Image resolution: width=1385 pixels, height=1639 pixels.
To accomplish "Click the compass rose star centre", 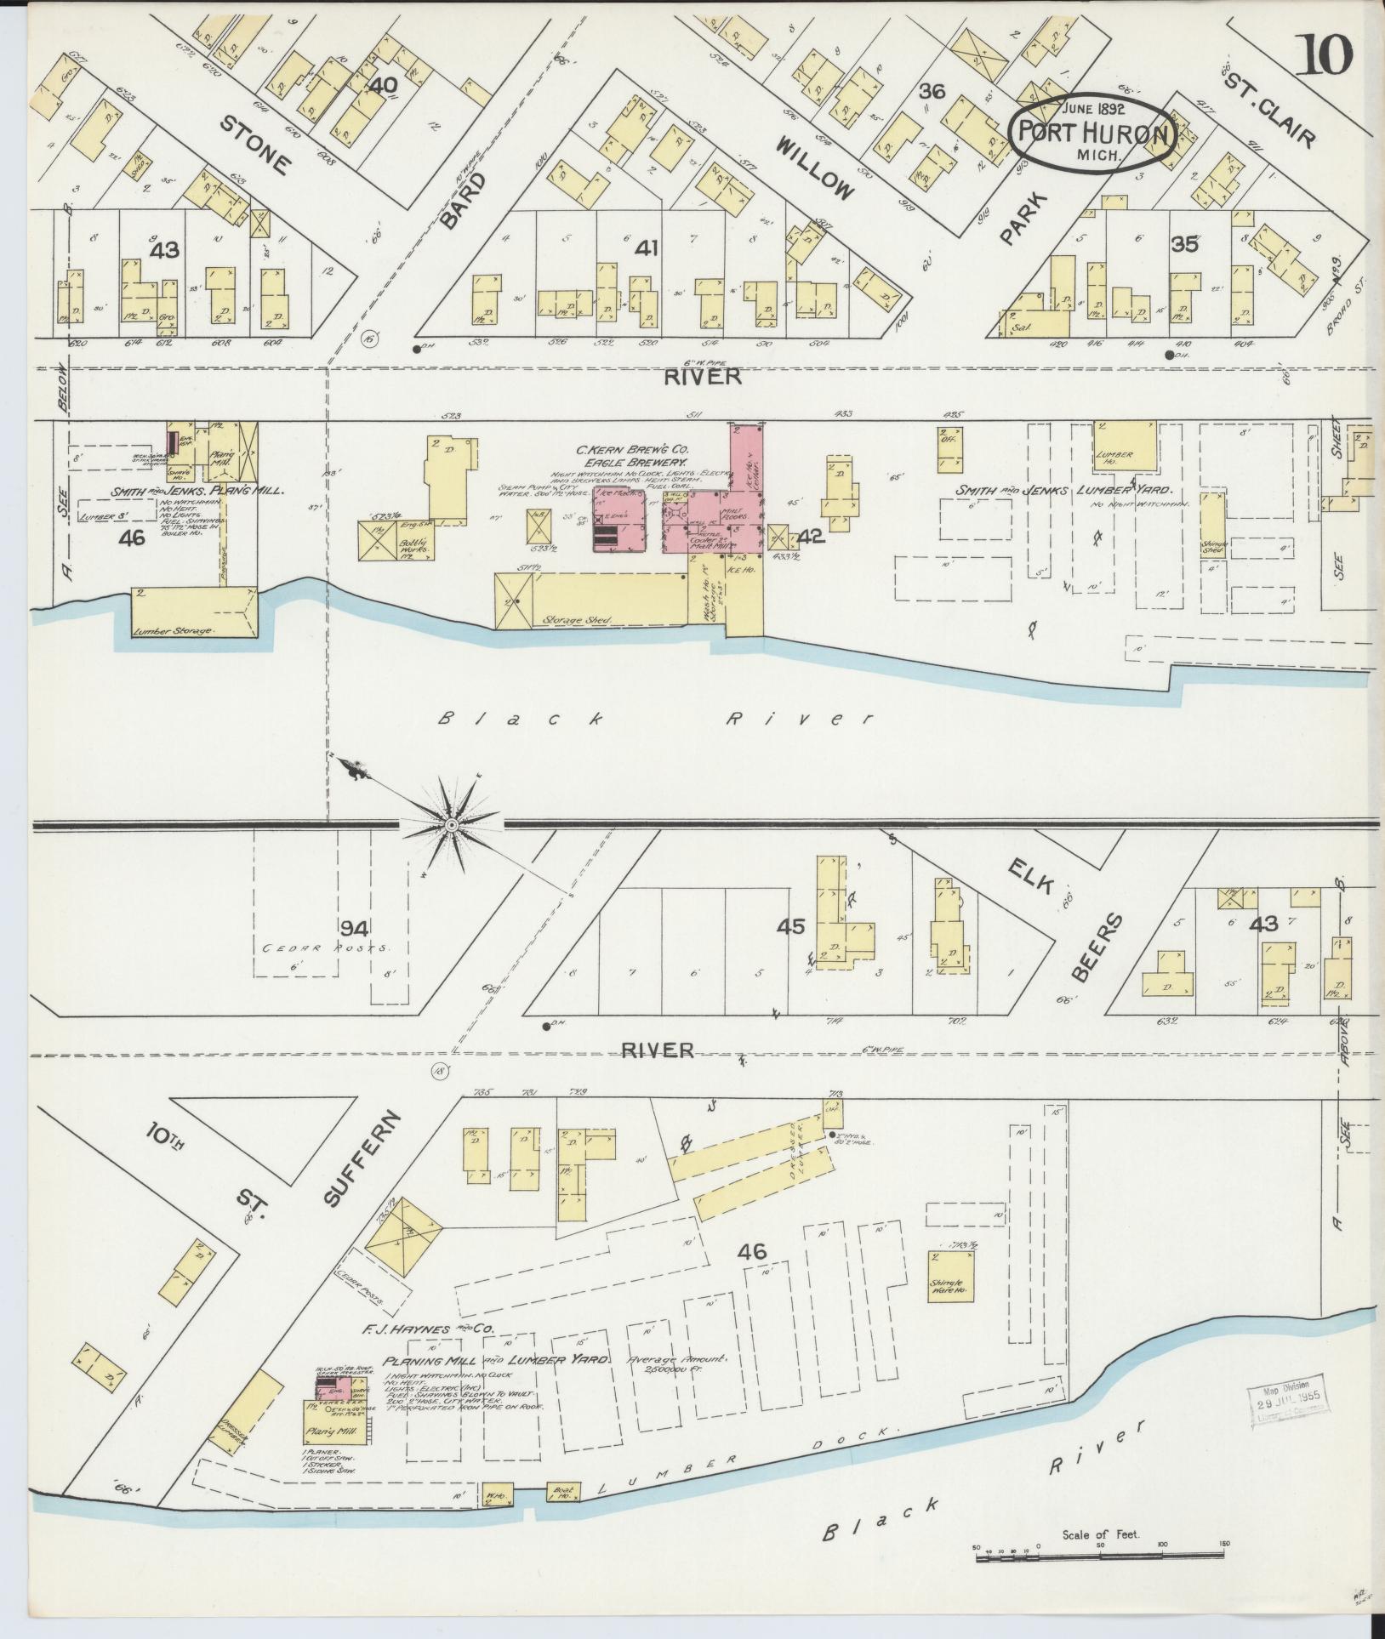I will tap(452, 824).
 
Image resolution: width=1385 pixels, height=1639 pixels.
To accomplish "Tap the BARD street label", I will tap(465, 202).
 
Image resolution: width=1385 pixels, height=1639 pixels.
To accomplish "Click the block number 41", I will tap(647, 248).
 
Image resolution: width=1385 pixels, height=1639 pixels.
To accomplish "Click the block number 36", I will tap(932, 91).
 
